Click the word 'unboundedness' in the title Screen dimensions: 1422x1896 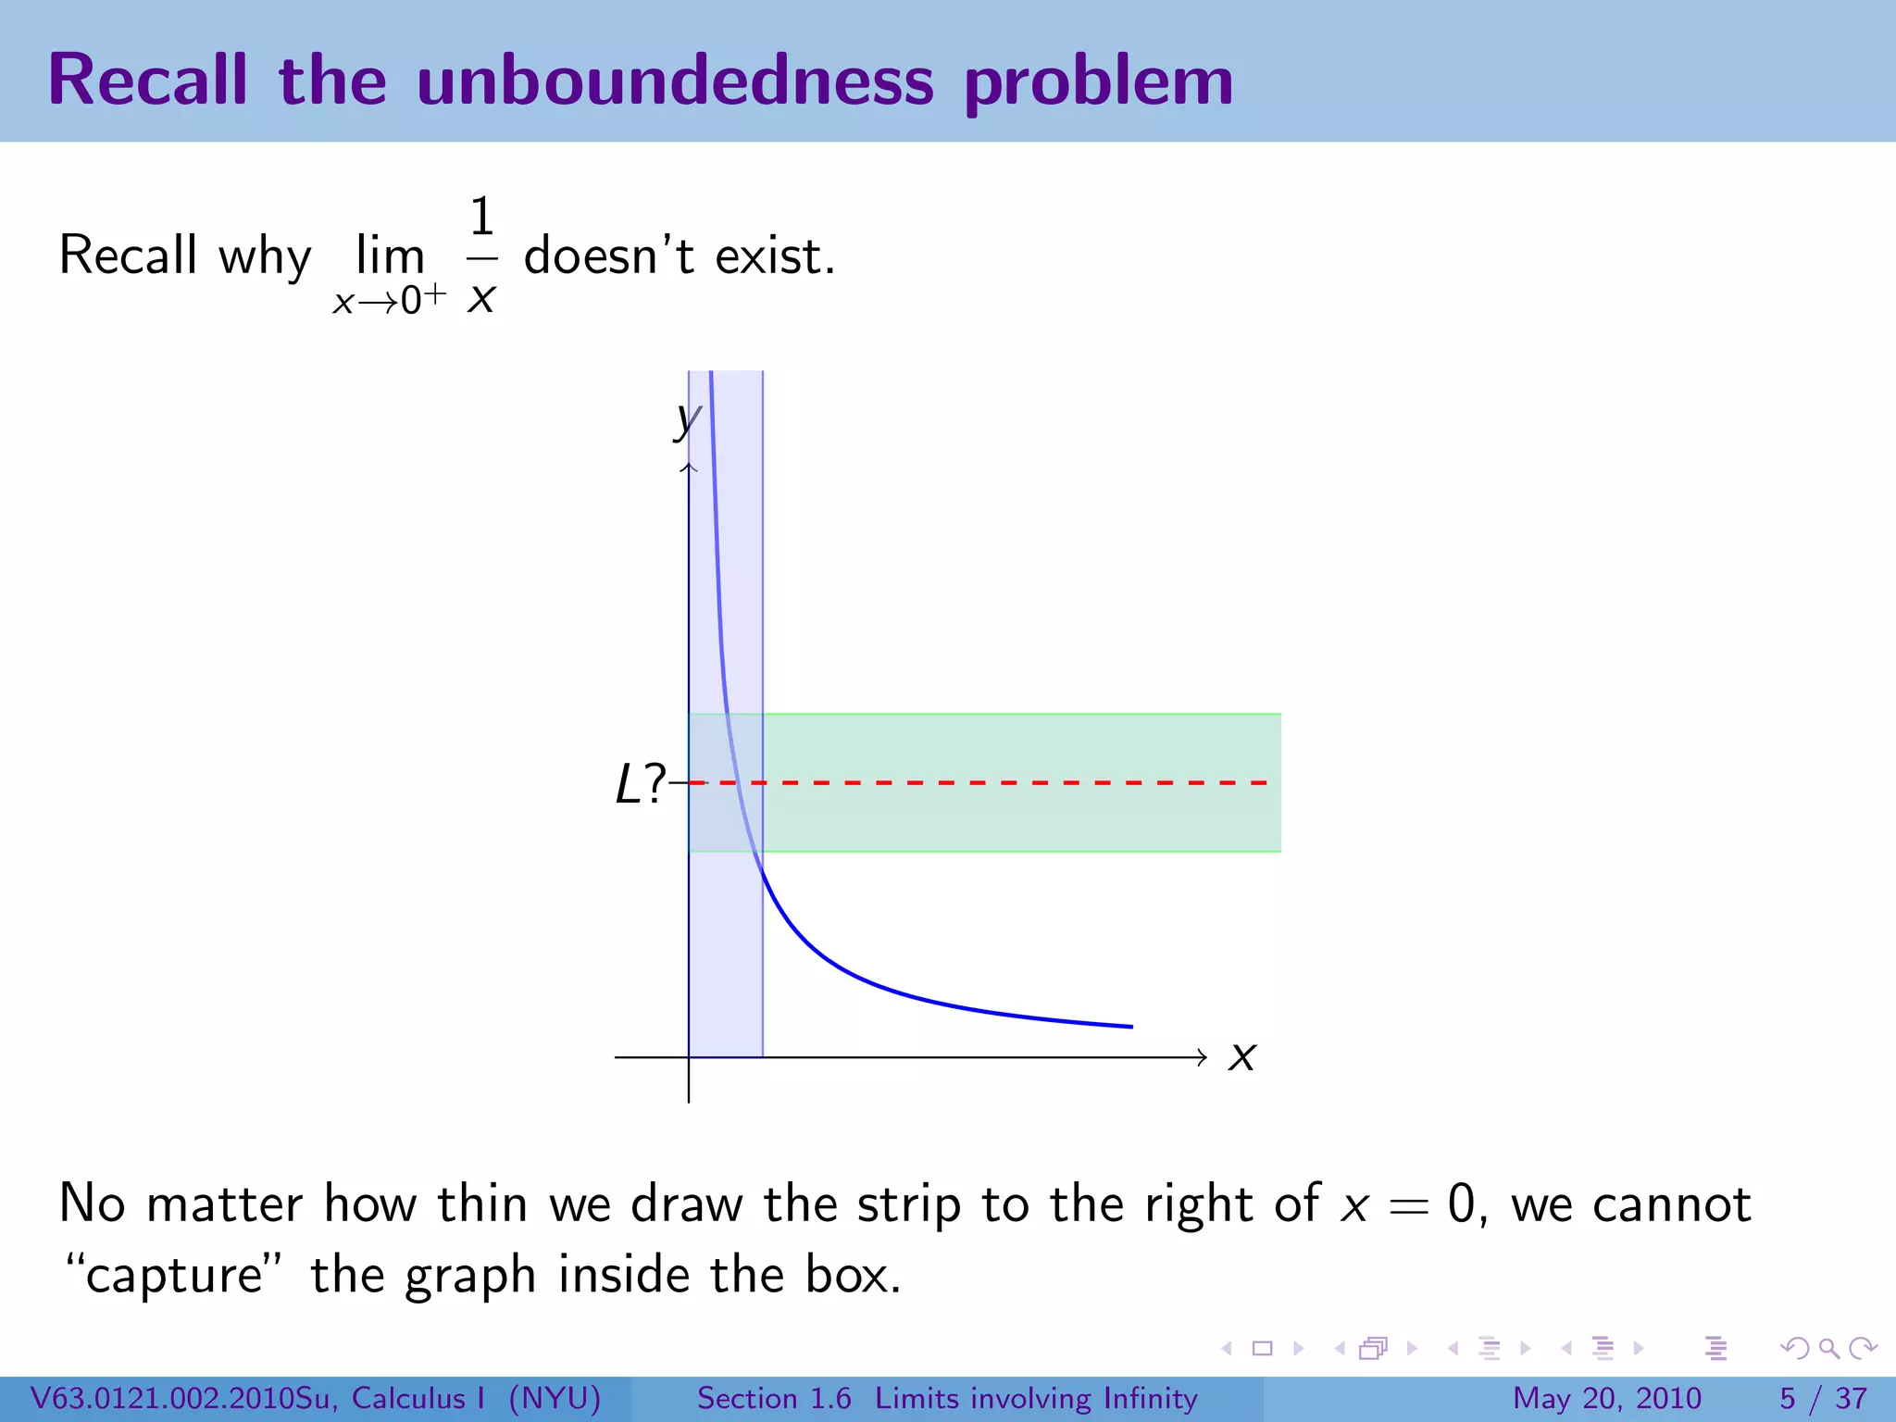pyautogui.click(x=675, y=81)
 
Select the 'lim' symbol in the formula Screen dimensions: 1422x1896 pyautogui.click(x=390, y=256)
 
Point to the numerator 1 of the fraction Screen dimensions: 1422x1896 pyautogui.click(x=481, y=218)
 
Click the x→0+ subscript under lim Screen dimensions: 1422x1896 pyautogui.click(x=389, y=300)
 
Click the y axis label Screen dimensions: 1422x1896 pyautogui.click(x=687, y=421)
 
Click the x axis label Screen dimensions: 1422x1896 pyautogui.click(x=1241, y=1056)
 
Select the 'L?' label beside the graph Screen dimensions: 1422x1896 pyautogui.click(x=640, y=785)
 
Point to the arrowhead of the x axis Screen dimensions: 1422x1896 pyautogui.click(x=1201, y=1057)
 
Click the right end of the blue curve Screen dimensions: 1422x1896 pyautogui.click(x=1130, y=1026)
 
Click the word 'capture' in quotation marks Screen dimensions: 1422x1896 pyautogui.click(x=175, y=1277)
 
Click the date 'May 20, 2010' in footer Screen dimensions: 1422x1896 pyautogui.click(x=1606, y=1398)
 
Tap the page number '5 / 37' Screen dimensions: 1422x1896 pyautogui.click(x=1823, y=1398)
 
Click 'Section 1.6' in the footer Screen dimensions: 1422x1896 pyautogui.click(x=774, y=1398)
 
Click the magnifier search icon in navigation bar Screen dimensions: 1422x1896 pyautogui.click(x=1828, y=1348)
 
